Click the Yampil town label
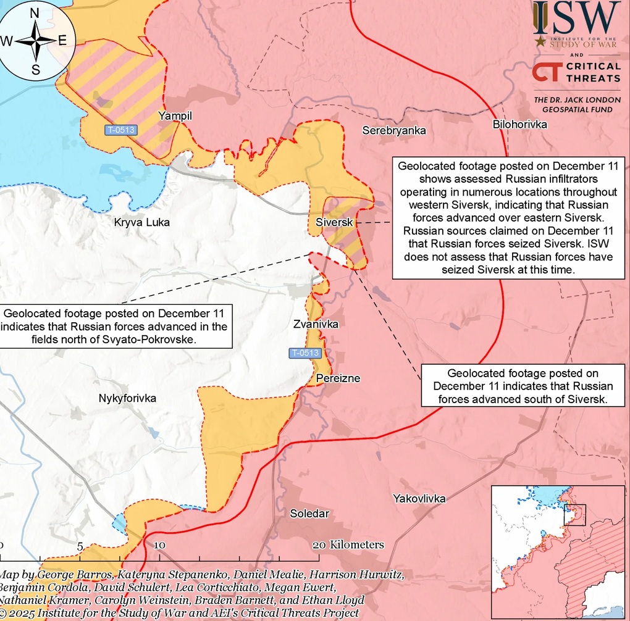[x=175, y=115]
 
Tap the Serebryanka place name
[x=394, y=131]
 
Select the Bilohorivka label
[x=520, y=125]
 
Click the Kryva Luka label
[x=141, y=222]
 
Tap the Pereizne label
[x=338, y=378]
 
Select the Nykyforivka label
[x=127, y=399]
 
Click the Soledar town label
[x=309, y=514]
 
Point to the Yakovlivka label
[x=419, y=498]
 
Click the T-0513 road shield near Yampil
[x=120, y=130]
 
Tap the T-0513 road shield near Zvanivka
[x=305, y=353]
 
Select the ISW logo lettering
[x=577, y=19]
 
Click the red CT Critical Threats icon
[x=547, y=72]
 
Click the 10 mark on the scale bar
[x=159, y=545]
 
